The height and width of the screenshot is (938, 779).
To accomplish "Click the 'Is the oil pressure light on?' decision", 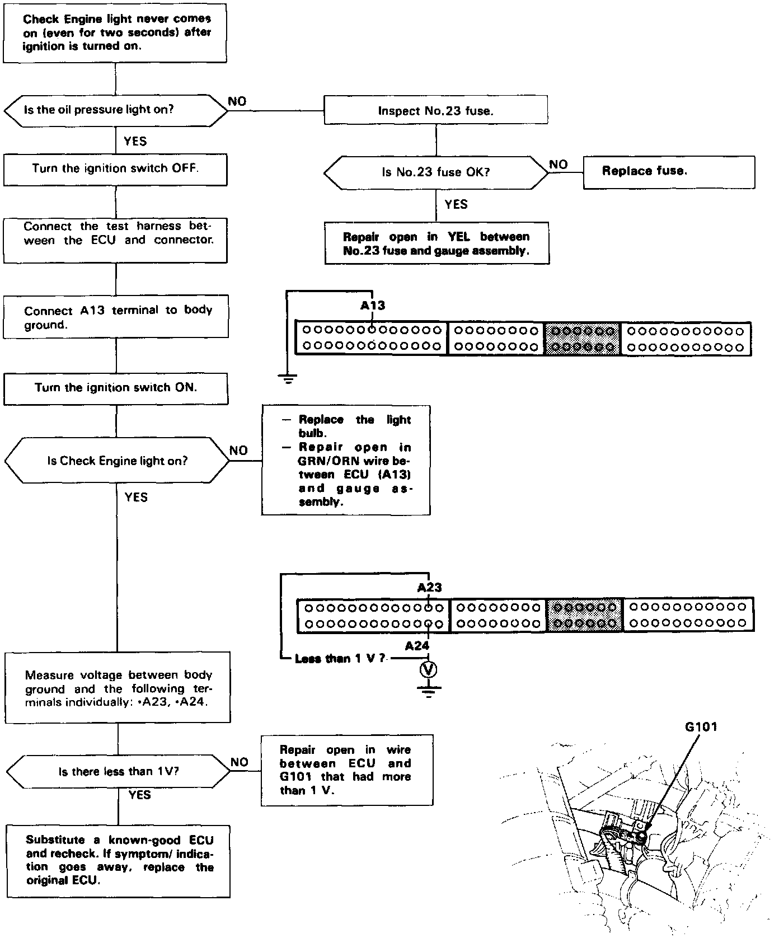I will pyautogui.click(x=115, y=110).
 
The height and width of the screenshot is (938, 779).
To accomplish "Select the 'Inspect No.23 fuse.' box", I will pyautogui.click(x=435, y=110).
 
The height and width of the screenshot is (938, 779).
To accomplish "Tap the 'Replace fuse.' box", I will pyautogui.click(x=668, y=171).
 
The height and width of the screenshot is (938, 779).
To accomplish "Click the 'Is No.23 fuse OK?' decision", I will pyautogui.click(x=436, y=172).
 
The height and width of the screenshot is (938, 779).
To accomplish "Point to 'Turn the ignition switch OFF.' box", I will pyautogui.click(x=115, y=169).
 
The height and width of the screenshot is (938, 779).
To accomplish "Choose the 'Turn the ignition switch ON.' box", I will pyautogui.click(x=116, y=388).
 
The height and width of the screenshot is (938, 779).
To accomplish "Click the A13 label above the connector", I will pyautogui.click(x=372, y=306).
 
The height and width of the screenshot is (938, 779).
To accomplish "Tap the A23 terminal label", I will pyautogui.click(x=429, y=587).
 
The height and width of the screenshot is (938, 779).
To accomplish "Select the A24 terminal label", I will pyautogui.click(x=417, y=646).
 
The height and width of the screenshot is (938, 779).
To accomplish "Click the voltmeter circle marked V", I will pyautogui.click(x=429, y=669).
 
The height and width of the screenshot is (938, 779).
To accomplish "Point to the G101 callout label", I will pyautogui.click(x=701, y=727).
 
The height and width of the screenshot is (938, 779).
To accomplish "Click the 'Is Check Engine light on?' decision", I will pyautogui.click(x=117, y=461).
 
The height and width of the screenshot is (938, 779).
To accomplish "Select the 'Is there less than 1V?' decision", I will pyautogui.click(x=118, y=772).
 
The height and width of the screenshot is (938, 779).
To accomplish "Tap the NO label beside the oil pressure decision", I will pyautogui.click(x=237, y=101).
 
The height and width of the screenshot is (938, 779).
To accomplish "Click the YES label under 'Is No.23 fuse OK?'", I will pyautogui.click(x=456, y=204).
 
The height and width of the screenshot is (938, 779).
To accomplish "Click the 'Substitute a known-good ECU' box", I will pyautogui.click(x=119, y=861).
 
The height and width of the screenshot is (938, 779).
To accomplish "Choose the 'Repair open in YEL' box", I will pyautogui.click(x=437, y=243).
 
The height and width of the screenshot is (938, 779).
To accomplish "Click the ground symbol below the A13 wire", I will pyautogui.click(x=288, y=379).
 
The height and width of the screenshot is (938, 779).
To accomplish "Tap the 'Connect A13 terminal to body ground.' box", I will pyautogui.click(x=116, y=317).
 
